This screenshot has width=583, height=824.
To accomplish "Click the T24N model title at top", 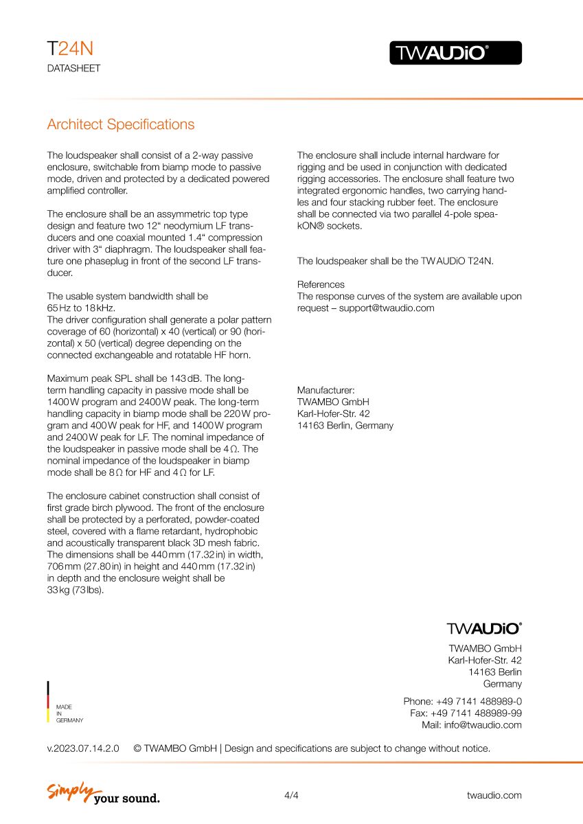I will tap(69, 49).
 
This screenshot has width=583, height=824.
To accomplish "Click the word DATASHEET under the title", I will tap(73, 69).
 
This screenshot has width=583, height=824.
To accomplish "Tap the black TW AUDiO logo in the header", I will tap(455, 53).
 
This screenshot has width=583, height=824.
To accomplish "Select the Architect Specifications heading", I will tap(120, 124).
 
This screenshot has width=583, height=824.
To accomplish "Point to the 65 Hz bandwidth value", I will tap(58, 308).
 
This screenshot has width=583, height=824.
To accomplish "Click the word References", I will tap(321, 284).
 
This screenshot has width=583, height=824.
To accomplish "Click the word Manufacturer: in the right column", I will tap(325, 390).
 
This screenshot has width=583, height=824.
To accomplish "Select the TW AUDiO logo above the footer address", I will tap(484, 628).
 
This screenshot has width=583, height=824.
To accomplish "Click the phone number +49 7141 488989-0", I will tap(479, 701).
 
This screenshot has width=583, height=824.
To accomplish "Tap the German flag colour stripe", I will tap(48, 701).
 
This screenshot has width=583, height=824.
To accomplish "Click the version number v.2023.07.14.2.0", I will tap(82, 748).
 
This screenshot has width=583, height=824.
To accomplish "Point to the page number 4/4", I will tap(291, 795).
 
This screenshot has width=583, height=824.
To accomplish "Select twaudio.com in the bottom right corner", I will tap(494, 795).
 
